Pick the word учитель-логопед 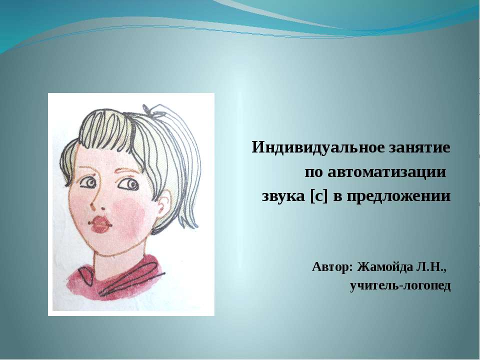[x=400, y=286]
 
